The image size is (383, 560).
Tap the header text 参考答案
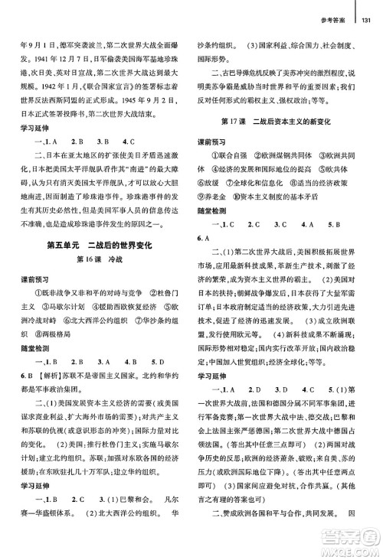tap(333, 7)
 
